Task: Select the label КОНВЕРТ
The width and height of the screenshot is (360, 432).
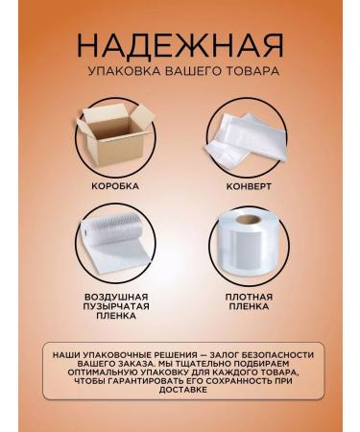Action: tap(248, 185)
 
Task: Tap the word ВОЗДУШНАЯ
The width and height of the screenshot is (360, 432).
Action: tap(116, 297)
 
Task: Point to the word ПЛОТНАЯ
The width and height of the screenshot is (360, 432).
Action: tap(249, 297)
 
